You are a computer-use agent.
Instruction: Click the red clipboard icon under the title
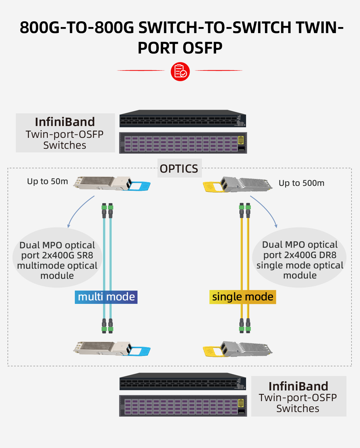(x=180, y=71)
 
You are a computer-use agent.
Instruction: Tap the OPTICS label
(x=179, y=169)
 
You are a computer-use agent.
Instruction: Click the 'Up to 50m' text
(x=47, y=181)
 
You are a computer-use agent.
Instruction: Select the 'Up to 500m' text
(x=301, y=183)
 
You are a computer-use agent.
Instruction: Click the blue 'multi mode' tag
(x=106, y=297)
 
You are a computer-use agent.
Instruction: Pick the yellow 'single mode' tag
(x=243, y=297)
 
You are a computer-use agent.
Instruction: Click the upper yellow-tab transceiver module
(x=238, y=184)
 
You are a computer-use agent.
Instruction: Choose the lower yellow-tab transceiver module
(x=238, y=349)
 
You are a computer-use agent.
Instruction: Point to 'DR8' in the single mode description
(x=327, y=255)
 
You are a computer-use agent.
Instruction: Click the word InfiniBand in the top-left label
(x=65, y=122)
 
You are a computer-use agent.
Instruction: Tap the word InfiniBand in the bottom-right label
(x=298, y=386)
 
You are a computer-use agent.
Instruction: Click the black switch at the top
(x=183, y=119)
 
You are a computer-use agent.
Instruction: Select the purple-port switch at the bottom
(x=183, y=406)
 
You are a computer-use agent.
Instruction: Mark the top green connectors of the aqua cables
(x=107, y=207)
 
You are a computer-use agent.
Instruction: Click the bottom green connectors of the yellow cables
(x=245, y=329)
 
